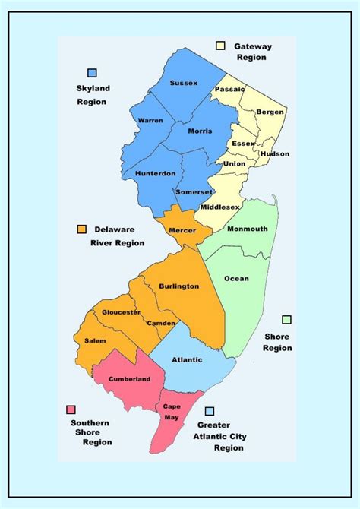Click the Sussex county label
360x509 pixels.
[184, 83]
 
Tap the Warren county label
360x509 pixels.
[150, 121]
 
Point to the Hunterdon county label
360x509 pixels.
[155, 172]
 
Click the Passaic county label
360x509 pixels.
[230, 89]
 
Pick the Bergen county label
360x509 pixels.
[270, 112]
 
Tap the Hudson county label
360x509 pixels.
[274, 153]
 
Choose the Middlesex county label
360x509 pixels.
[220, 207]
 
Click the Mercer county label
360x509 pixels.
[183, 230]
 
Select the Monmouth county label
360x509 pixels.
[247, 229]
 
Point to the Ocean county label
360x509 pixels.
[236, 278]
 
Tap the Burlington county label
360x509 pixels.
[179, 286]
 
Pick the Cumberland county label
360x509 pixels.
[129, 378]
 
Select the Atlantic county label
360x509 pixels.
[187, 360]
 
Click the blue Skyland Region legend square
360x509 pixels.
[93, 73]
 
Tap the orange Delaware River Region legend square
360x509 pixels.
[81, 229]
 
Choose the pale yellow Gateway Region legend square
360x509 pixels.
[221, 46]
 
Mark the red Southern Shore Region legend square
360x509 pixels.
[71, 409]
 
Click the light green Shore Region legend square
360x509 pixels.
[286, 320]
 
